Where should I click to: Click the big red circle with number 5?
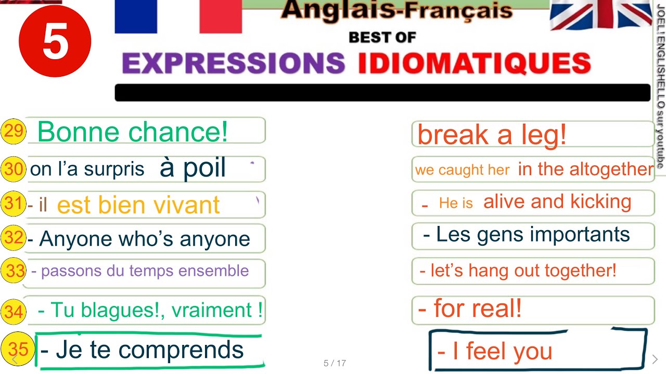tap(55, 42)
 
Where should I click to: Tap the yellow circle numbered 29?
tap(14, 131)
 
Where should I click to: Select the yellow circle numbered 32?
tap(14, 238)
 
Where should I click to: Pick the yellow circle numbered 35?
tap(18, 349)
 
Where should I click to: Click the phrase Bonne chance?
tap(133, 131)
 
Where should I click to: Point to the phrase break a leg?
tap(492, 135)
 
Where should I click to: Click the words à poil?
tap(193, 168)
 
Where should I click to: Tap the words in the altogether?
tap(585, 169)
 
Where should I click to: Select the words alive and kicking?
tap(557, 202)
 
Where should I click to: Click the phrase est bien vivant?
tap(138, 205)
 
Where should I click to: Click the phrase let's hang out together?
tap(518, 270)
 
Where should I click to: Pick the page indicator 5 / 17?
tap(335, 363)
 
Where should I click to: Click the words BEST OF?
tap(382, 37)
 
